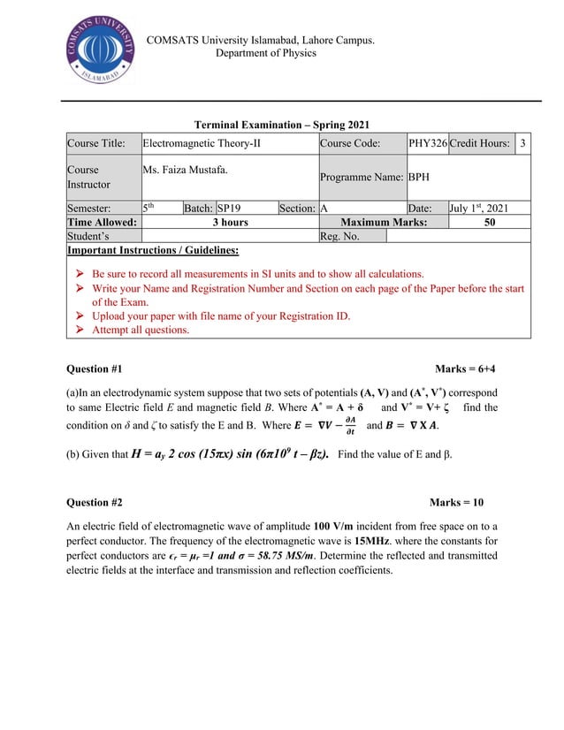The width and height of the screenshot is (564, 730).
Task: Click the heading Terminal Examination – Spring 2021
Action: coord(282,125)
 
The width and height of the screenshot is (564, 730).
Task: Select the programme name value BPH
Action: coord(419,177)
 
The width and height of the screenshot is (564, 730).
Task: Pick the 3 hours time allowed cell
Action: coord(229,223)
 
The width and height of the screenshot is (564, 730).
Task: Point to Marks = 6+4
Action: coord(466,368)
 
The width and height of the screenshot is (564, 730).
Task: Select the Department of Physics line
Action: coord(265,53)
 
